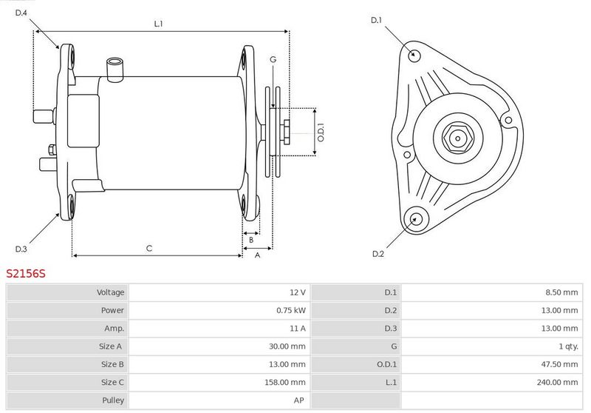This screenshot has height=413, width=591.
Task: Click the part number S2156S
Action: (x=26, y=273)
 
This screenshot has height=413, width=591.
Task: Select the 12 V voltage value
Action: (x=298, y=292)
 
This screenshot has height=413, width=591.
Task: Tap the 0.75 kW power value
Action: (x=291, y=310)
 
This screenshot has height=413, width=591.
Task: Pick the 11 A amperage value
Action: (x=298, y=329)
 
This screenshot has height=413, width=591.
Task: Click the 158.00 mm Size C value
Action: (x=285, y=382)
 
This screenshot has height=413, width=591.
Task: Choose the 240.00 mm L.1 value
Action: (x=558, y=382)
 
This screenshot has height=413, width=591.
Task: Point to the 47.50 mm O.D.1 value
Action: (x=560, y=364)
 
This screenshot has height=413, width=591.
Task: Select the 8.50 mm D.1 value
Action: (x=561, y=292)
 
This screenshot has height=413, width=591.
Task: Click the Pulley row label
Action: (x=113, y=400)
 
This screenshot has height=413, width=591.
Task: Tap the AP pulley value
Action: (x=299, y=400)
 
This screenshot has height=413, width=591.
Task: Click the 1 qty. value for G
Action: (x=568, y=346)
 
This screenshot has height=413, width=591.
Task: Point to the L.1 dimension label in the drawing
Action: (x=158, y=24)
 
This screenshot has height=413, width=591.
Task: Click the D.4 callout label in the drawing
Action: (x=21, y=13)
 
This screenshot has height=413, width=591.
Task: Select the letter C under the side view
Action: (x=149, y=249)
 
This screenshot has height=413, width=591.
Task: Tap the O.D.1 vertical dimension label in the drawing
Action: (x=321, y=132)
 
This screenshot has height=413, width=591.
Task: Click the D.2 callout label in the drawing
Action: (x=378, y=254)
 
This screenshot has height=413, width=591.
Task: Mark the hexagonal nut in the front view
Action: (x=457, y=138)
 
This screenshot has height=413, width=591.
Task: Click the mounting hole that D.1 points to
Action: (x=414, y=55)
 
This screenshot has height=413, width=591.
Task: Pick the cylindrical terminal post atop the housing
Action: (x=115, y=70)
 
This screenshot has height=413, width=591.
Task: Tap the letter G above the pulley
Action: (x=273, y=59)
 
